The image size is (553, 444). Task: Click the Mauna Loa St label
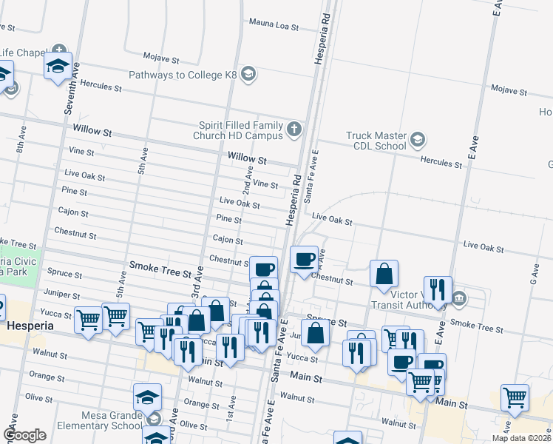[x=274, y=26]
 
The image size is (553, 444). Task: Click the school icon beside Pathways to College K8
[x=248, y=75]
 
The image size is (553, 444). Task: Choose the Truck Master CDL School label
[x=377, y=141]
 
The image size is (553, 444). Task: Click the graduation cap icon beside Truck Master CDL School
[x=418, y=139]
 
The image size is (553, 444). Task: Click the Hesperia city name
[x=30, y=325]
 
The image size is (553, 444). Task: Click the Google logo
[x=24, y=435]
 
